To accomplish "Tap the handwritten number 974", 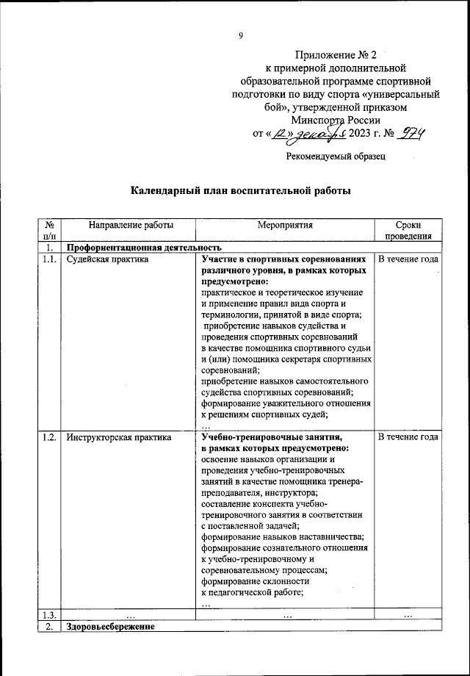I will [x=412, y=134].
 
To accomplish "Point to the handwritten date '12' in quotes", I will [x=281, y=134].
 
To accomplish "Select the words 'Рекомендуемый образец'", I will [x=335, y=156].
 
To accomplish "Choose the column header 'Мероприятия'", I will [x=285, y=225].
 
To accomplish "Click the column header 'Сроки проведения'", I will [x=408, y=231].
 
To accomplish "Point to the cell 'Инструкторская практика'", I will [x=119, y=437].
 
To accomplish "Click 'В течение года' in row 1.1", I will [x=408, y=259].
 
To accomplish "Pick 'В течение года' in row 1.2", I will [x=408, y=437].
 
